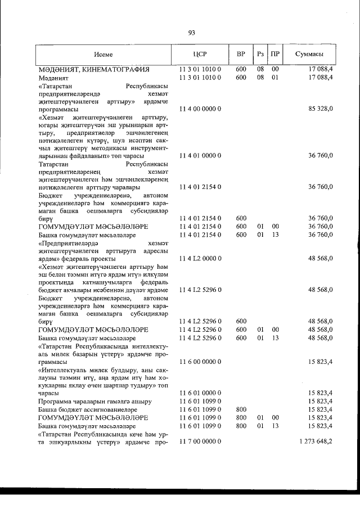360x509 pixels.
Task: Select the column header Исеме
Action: pyautogui.click(x=104, y=55)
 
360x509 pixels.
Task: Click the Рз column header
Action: pyautogui.click(x=260, y=55)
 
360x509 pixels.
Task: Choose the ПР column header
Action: pyautogui.click(x=275, y=55)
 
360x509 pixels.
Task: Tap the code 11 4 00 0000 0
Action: pyautogui.click(x=200, y=108)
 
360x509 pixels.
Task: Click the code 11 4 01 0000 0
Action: pyautogui.click(x=200, y=155)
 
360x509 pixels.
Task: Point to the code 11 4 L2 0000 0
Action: pyautogui.click(x=200, y=258)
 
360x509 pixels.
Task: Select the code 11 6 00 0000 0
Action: pyautogui.click(x=200, y=363)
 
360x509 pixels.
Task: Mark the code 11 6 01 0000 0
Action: pyautogui.click(x=200, y=392)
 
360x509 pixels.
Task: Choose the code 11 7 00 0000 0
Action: pyautogui.click(x=200, y=442)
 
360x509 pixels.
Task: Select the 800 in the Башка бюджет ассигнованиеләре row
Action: pyautogui.click(x=241, y=410)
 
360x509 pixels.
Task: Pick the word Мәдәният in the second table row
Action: pyautogui.click(x=54, y=77)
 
